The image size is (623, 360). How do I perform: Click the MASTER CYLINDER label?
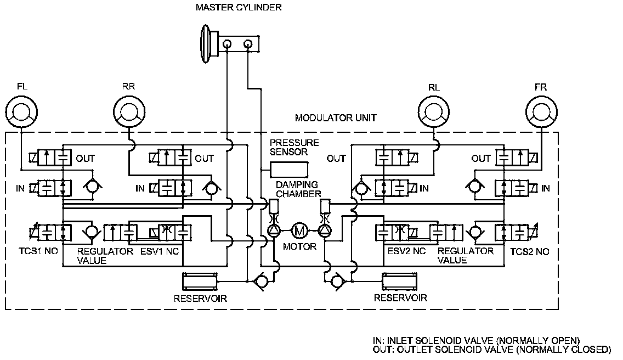tap(239, 8)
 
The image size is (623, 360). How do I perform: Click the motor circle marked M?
tap(299, 229)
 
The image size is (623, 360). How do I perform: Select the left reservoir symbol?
tap(200, 282)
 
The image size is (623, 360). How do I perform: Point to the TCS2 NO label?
tap(529, 252)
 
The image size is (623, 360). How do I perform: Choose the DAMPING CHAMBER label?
tap(298, 189)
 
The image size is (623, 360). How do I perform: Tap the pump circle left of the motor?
tap(273, 229)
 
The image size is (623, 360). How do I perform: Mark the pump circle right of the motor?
tap(325, 229)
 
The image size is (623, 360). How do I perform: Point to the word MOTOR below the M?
tap(299, 246)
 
